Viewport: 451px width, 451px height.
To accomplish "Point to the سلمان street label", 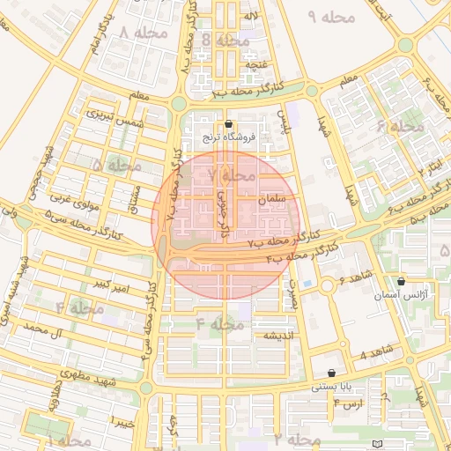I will click(x=274, y=200).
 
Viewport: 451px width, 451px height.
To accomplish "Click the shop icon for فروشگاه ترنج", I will click(x=229, y=125).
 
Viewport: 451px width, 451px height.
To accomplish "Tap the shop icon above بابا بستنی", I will click(x=330, y=373).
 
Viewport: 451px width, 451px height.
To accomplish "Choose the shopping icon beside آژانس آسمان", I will click(x=401, y=282).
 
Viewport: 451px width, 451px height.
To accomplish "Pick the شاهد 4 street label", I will click(x=375, y=356).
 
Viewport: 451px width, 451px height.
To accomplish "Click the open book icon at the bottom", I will click(x=378, y=443).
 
